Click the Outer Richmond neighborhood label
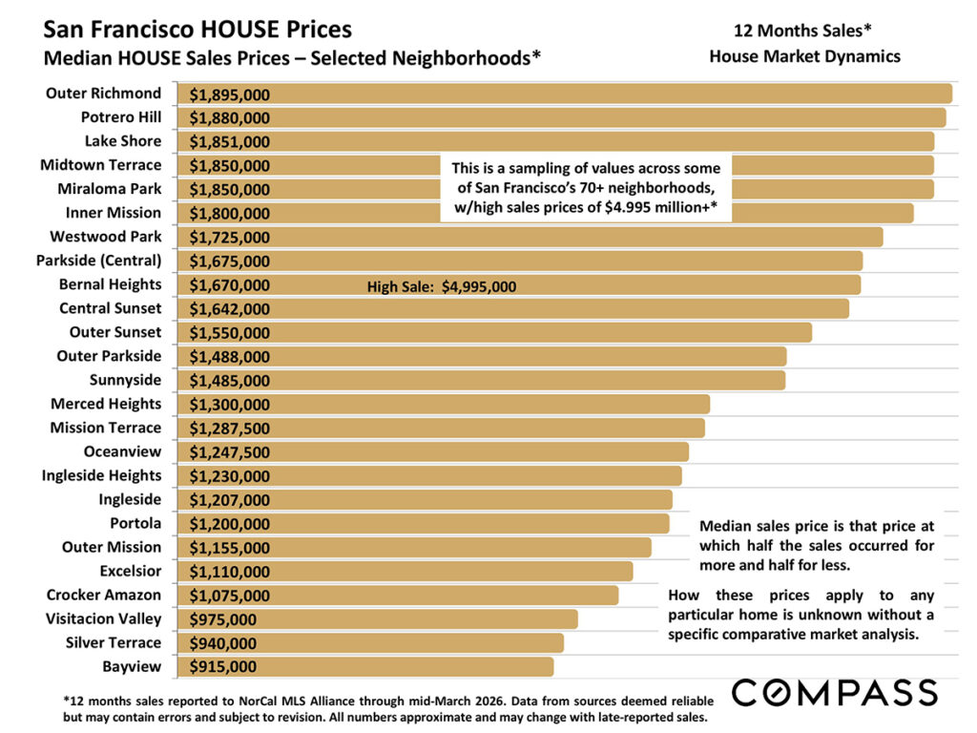point(104,94)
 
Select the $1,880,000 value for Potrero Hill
point(229,118)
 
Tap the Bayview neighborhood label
point(132,666)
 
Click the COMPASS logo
point(834,691)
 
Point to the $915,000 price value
point(222,667)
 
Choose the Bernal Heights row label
point(110,284)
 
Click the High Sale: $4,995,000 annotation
point(442,285)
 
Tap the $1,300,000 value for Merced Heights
point(229,405)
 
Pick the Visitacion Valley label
point(103,618)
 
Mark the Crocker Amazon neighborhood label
point(104,595)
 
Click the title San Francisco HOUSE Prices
point(197,31)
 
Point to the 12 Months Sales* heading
point(803,29)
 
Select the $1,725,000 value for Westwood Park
point(229,238)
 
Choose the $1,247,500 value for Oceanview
point(229,452)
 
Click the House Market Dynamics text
point(804,56)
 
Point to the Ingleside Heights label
point(101,475)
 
